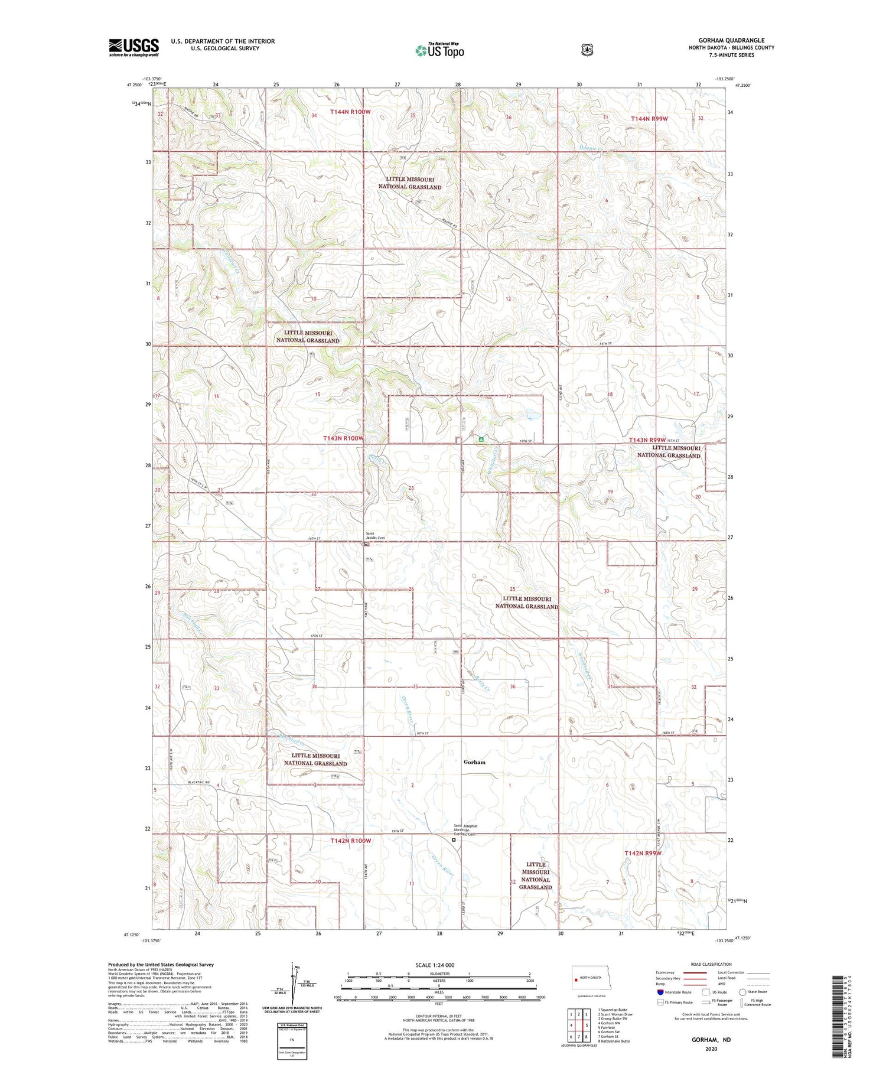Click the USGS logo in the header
pos(133,47)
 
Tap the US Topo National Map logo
pos(439,50)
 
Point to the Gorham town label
pos(474,762)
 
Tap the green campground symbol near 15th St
pos(481,440)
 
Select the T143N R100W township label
pos(343,438)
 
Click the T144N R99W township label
pos(650,119)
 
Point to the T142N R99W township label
pos(643,854)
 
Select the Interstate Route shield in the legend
pos(660,992)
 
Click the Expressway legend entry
pos(666,972)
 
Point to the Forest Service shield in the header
pos(587,50)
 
